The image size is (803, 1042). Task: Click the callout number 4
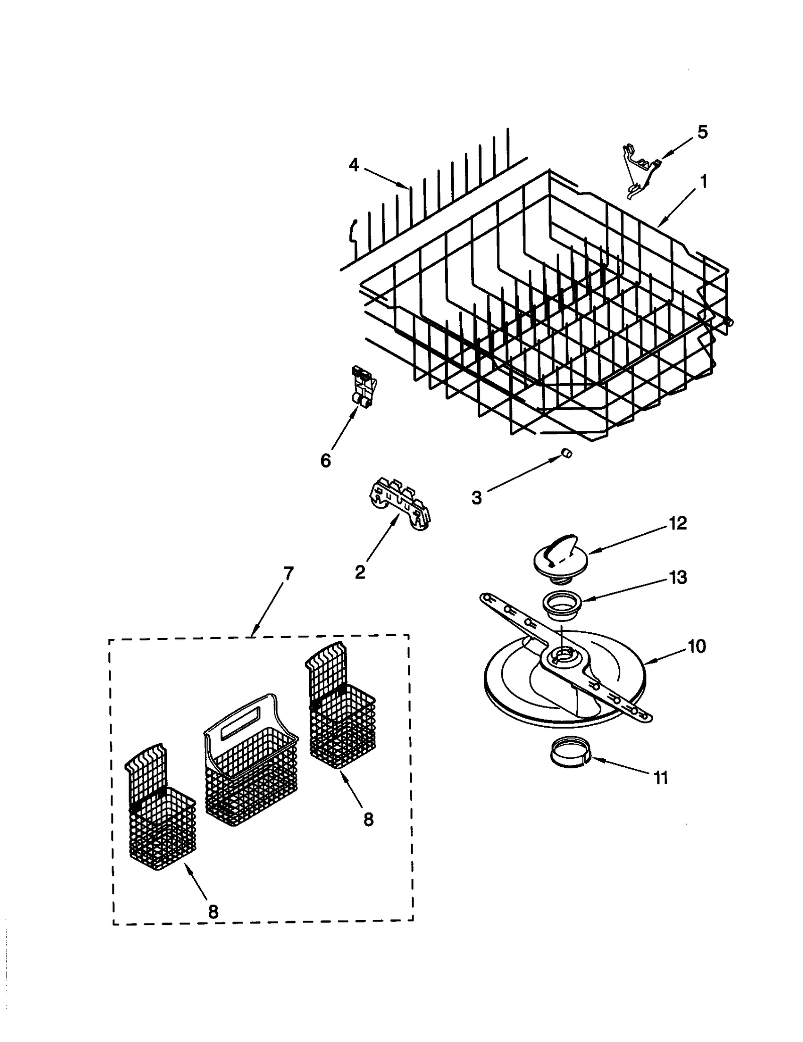[354, 165]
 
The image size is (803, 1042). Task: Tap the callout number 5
[703, 132]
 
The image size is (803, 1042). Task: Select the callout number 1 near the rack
[704, 181]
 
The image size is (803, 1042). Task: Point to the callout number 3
[476, 498]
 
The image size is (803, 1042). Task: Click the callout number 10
[696, 646]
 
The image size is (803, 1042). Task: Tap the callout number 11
[660, 777]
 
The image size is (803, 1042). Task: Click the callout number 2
[360, 571]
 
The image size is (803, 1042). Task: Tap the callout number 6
[326, 460]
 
